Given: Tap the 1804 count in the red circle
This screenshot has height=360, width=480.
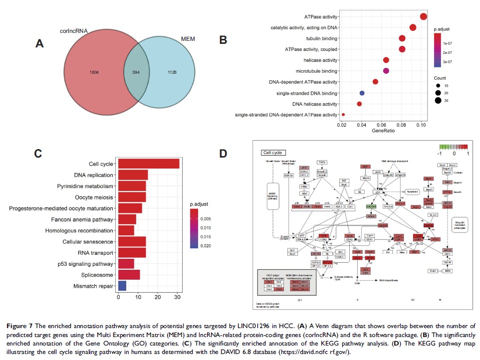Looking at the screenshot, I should click(93, 72).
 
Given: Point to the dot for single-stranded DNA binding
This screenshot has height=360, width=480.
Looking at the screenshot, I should click(362, 93).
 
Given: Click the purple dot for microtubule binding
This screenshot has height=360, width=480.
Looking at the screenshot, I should click(386, 71).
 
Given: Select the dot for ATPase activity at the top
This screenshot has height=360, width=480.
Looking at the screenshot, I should click(424, 17).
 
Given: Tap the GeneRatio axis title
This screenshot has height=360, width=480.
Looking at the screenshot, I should click(383, 131).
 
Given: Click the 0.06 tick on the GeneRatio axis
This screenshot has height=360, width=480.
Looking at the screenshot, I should click(382, 123).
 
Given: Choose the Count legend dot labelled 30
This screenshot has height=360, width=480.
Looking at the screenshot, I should click(438, 100).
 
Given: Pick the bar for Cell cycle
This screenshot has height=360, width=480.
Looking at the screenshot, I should click(148, 164).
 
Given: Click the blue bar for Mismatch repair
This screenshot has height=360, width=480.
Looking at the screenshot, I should click(121, 286).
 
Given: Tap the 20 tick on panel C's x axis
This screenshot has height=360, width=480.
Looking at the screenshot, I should click(158, 297).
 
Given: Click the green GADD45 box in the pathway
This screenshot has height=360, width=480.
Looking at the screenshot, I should click(371, 206).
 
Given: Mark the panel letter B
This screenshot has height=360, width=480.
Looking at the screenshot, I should click(223, 39).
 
